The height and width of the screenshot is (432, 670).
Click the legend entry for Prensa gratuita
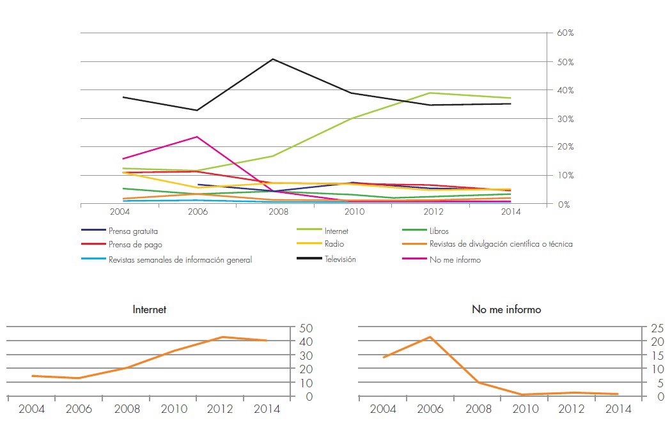pos(133,231)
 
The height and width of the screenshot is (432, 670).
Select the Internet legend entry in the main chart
pos(336,231)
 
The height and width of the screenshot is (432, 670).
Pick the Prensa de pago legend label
pos(135,244)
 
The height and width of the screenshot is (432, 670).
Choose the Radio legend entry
pos(334,244)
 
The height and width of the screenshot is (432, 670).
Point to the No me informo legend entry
pos(455,259)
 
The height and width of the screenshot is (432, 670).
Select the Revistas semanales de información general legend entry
pos(180,259)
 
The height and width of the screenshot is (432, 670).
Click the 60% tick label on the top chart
pos(565,32)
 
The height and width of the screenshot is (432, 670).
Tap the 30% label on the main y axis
pos(565,119)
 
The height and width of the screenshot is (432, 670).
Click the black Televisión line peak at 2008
pos(273,59)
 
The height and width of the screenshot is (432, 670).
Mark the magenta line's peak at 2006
pos(198,137)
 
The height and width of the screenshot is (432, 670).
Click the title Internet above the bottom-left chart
pos(149,309)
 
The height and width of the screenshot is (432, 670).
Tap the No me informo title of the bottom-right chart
pos(506,309)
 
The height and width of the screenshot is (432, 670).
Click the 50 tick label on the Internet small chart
pos(306,328)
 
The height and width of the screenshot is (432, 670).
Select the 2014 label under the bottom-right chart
pos(618,410)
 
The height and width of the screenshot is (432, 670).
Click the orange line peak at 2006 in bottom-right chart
pos(431,337)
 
